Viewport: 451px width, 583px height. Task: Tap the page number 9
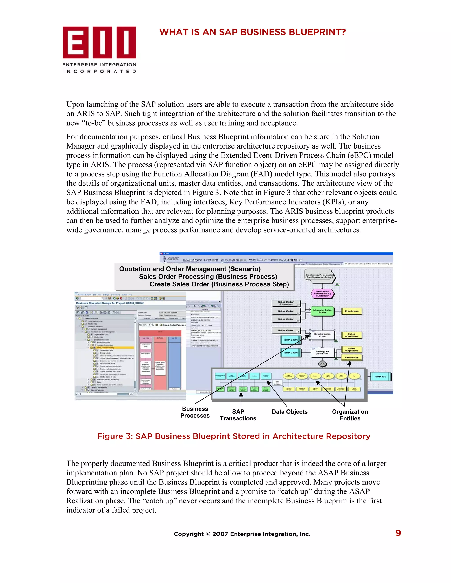click(398, 533)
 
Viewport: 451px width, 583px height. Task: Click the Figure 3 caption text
click(233, 436)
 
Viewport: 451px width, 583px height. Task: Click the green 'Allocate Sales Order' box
click(322, 311)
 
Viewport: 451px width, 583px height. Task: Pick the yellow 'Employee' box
click(352, 311)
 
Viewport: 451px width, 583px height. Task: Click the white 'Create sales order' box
click(322, 335)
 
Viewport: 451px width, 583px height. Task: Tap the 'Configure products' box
click(322, 353)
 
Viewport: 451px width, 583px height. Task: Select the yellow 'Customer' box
click(352, 357)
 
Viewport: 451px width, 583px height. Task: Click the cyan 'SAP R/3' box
click(381, 376)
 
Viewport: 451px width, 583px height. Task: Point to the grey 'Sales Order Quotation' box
click(286, 303)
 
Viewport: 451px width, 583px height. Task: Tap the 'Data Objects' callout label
click(290, 412)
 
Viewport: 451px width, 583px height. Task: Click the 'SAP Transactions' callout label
click(238, 415)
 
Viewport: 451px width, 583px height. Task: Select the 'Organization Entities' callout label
click(350, 415)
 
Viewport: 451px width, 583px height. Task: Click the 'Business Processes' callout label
click(195, 412)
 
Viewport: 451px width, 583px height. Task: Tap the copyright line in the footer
click(242, 534)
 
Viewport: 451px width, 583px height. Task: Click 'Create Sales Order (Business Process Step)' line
click(219, 284)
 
